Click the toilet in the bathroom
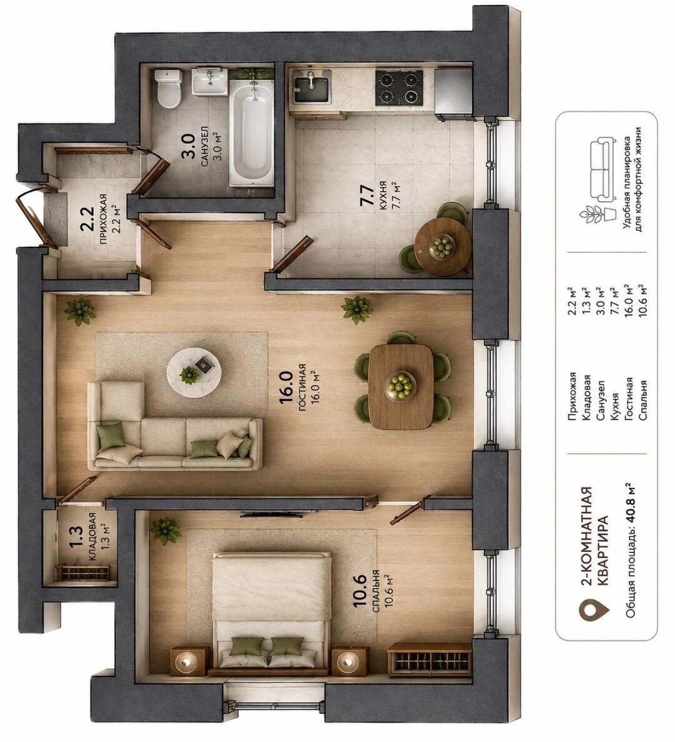tap(169, 88)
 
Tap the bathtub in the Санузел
tap(251, 133)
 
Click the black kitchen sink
tap(312, 89)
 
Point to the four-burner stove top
tap(399, 88)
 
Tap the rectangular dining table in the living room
tap(401, 386)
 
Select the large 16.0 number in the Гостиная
tap(287, 387)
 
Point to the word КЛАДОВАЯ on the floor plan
tap(92, 537)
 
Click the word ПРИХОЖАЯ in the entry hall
tap(104, 218)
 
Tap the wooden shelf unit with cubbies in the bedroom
tap(429, 659)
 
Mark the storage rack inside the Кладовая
tap(85, 572)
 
